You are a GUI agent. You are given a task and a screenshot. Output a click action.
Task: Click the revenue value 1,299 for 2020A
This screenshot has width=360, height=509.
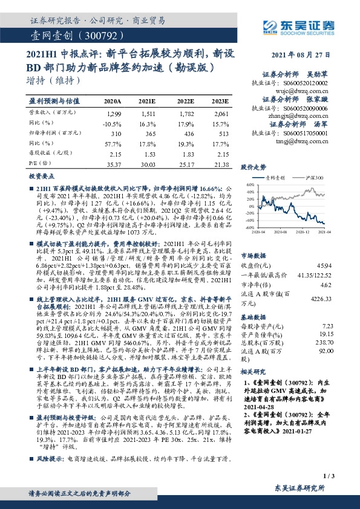point(114,113)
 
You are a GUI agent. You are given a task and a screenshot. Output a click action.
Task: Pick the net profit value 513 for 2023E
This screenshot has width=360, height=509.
point(221,132)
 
